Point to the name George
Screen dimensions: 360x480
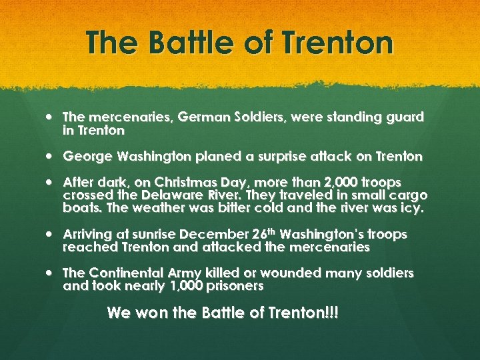88,157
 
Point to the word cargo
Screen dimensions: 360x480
407,195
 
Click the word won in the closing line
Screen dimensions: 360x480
151,312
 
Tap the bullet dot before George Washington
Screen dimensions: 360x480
51,157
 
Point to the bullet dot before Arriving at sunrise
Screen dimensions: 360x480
51,235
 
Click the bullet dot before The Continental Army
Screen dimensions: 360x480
51,273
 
